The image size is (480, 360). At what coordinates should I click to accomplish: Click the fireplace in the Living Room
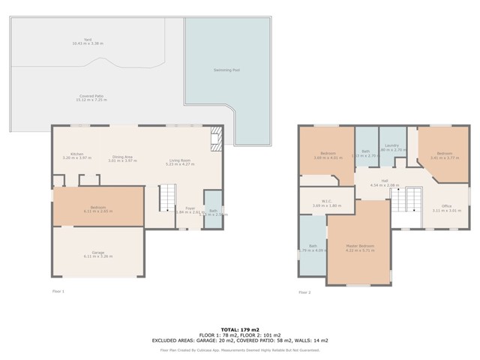click(215, 137)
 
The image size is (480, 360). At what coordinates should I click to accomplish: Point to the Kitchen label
click(77, 154)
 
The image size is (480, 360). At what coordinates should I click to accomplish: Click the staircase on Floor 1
click(166, 199)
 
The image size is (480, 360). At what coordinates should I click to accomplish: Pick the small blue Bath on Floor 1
click(213, 213)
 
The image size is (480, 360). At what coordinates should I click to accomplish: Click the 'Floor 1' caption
click(58, 291)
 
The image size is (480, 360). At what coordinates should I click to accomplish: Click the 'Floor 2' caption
click(304, 292)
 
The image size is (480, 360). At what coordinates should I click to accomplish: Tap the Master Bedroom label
click(359, 246)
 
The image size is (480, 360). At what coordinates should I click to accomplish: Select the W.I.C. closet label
click(326, 201)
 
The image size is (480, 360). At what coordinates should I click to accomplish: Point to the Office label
click(446, 206)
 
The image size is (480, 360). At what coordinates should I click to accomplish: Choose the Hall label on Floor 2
click(384, 180)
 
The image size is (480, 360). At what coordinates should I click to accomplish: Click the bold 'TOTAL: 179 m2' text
click(239, 329)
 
